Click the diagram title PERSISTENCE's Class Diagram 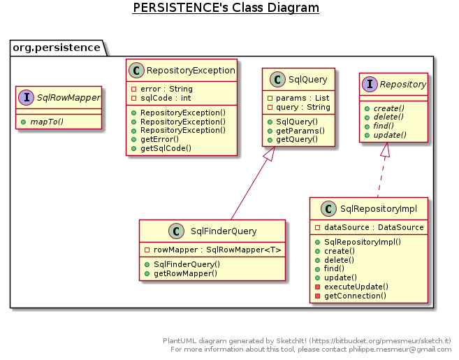225,8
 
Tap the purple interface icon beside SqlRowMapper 27,97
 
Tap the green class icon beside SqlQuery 275,80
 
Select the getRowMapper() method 185,273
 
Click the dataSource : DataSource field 373,227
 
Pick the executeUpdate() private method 356,287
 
